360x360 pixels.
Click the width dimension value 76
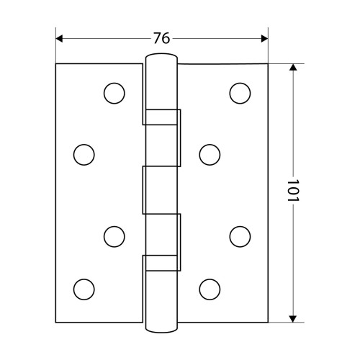pos(161,38)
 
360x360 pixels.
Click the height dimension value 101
pos(292,190)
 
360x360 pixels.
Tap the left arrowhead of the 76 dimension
pos(59,38)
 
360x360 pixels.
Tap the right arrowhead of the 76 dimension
pos(264,38)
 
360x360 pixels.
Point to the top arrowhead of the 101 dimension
pos(292,67)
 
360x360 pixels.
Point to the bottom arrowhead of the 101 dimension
pos(292,319)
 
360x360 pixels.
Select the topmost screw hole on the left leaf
pos(114,93)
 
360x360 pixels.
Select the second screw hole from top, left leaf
pos(84,155)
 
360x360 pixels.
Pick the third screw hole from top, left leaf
pos(114,236)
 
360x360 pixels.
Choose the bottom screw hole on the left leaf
pos(84,289)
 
